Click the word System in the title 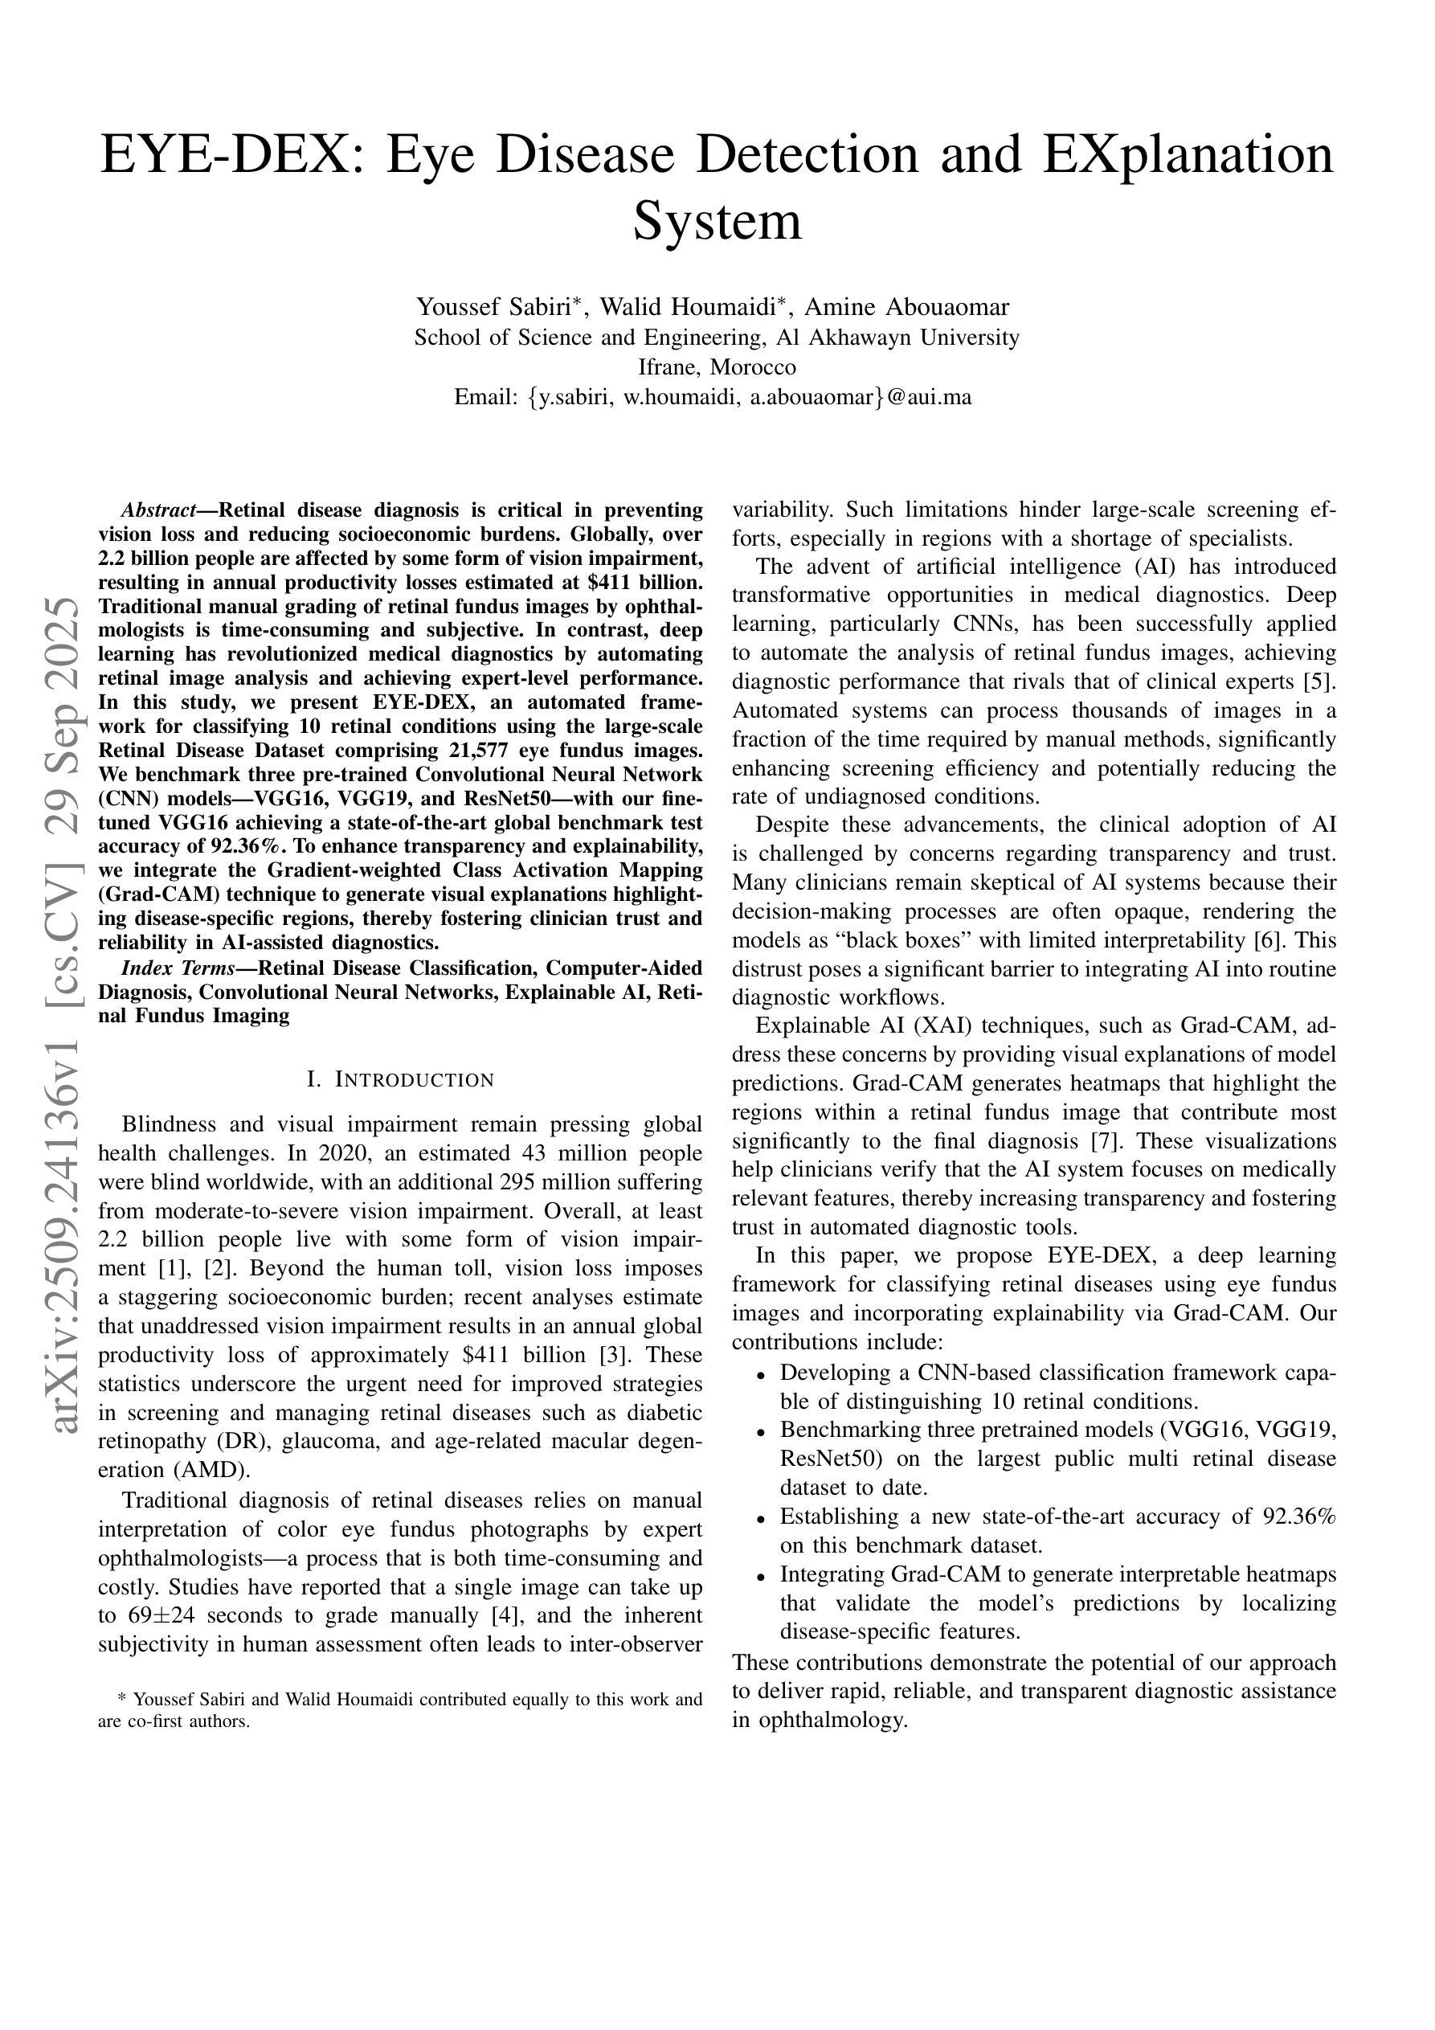click(x=717, y=221)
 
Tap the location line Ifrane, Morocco click(x=717, y=367)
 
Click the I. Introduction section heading click(x=399, y=1079)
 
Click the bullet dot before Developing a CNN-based click(x=760, y=1374)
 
